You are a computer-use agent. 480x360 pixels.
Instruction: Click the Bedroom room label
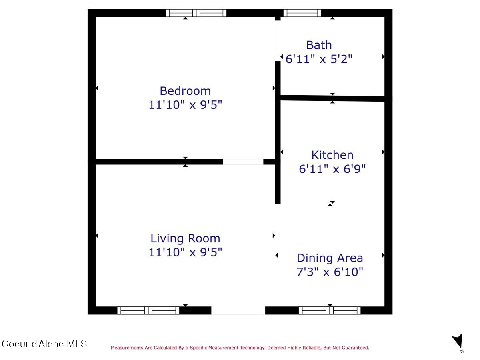(185, 91)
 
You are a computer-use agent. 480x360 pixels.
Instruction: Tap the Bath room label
(319, 45)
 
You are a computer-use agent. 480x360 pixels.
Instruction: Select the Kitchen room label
(332, 155)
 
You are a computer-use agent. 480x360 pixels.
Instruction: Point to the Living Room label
(185, 238)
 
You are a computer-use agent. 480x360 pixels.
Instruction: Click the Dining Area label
(330, 258)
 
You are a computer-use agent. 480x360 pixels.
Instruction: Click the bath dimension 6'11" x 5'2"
(319, 59)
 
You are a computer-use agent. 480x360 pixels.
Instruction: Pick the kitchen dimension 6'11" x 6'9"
(332, 169)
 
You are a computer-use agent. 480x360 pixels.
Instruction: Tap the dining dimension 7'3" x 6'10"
(330, 272)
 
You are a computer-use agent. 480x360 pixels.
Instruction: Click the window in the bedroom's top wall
(196, 13)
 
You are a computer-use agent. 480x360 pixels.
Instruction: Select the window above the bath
(302, 13)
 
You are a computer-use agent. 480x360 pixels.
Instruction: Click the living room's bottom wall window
(148, 310)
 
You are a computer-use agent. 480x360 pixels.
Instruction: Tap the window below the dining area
(330, 310)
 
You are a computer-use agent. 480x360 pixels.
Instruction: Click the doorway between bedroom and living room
(243, 162)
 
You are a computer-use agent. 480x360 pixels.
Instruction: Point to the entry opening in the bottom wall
(238, 310)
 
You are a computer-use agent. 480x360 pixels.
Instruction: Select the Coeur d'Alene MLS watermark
(44, 344)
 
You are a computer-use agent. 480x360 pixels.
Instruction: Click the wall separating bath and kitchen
(332, 98)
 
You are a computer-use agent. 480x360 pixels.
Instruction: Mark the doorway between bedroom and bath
(278, 41)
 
